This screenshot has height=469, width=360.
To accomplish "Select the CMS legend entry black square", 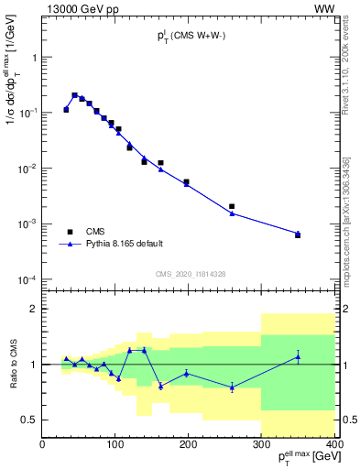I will click(x=70, y=232).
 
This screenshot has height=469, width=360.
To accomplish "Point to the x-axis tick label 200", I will click(x=188, y=446).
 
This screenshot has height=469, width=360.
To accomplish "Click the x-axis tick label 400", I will click(x=333, y=446).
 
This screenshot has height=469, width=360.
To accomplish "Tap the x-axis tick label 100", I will click(x=115, y=446).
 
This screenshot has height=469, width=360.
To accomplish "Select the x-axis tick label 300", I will click(x=261, y=446).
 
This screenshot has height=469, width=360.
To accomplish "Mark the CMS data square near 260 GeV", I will click(x=232, y=206).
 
